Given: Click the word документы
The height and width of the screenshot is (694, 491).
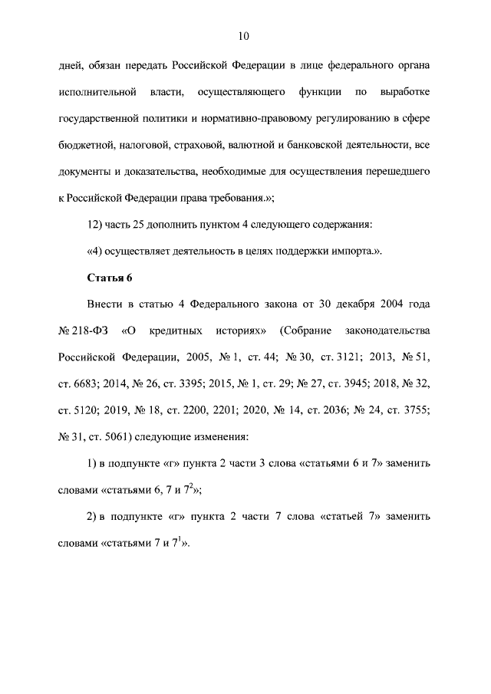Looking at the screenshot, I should (86, 170).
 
